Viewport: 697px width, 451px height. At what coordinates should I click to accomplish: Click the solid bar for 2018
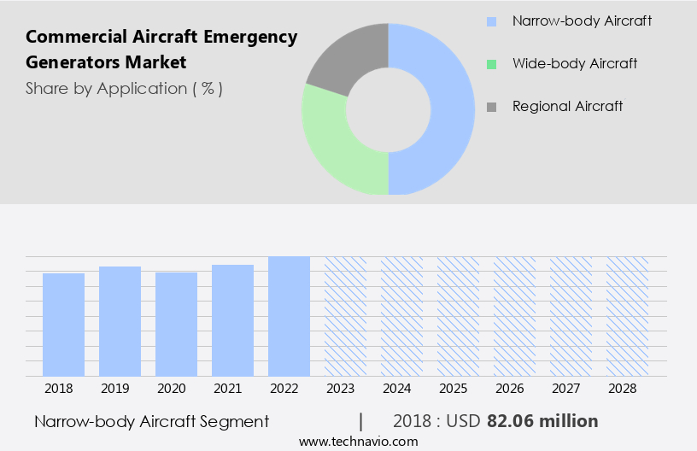63,325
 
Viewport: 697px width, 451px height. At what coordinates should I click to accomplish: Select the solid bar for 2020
176,325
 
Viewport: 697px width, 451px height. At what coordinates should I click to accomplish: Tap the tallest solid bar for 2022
289,316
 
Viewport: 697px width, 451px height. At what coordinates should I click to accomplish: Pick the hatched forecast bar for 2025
458,316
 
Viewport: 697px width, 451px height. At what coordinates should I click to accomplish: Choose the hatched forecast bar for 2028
627,316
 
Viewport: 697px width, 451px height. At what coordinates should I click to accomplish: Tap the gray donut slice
342,56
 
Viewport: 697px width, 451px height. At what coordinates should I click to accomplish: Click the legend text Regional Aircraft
567,107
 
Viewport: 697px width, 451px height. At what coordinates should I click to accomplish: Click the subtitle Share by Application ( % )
124,89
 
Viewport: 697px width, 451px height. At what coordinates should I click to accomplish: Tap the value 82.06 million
542,421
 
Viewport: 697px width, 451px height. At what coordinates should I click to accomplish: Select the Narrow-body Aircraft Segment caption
152,421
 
